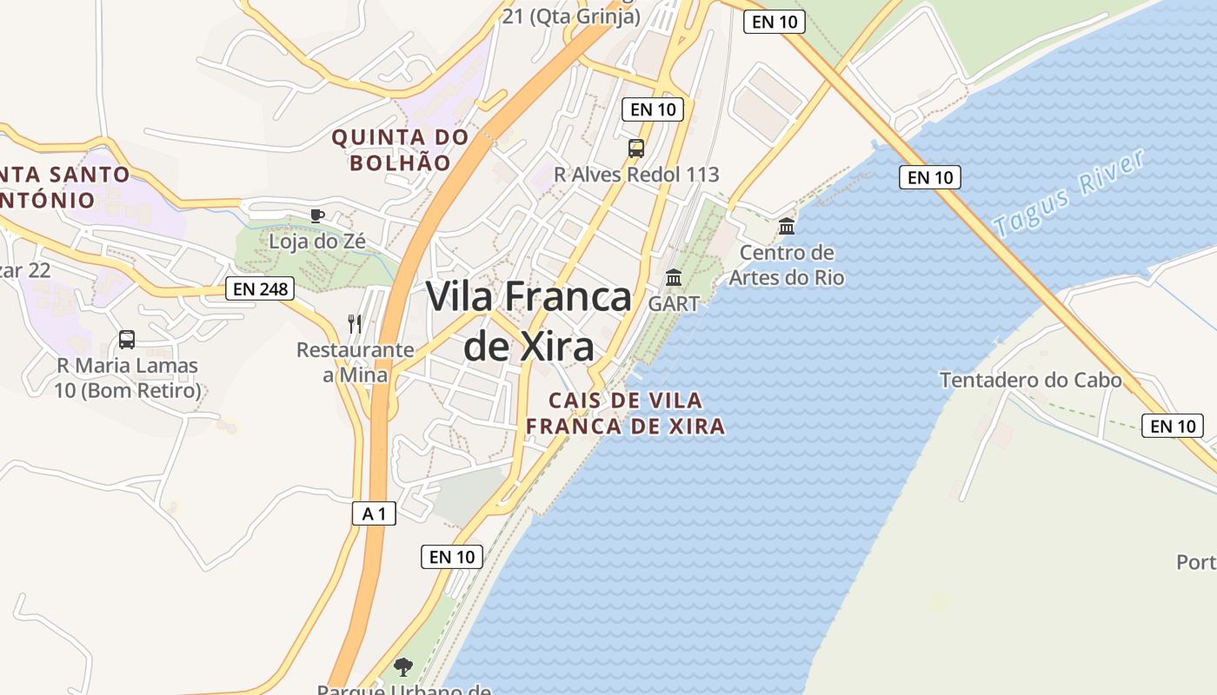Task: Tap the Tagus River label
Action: tap(1069, 194)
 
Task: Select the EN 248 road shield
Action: tap(259, 288)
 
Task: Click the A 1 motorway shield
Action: tap(374, 513)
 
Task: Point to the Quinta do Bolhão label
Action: tap(400, 149)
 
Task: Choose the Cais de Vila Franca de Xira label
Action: tap(625, 414)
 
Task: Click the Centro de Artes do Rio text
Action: tap(786, 265)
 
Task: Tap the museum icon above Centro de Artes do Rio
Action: tap(787, 227)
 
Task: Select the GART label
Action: tap(674, 304)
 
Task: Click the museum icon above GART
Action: tap(674, 278)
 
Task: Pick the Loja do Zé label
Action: tap(316, 242)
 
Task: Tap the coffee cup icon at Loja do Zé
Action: tap(316, 215)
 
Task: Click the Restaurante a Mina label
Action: tap(355, 362)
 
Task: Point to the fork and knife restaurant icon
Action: tap(355, 324)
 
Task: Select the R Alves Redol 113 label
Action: tap(636, 175)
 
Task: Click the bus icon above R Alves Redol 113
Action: tap(636, 148)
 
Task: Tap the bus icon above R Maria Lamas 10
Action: tap(127, 340)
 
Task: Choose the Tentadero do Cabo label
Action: tap(1030, 381)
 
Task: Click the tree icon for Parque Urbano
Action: tap(402, 667)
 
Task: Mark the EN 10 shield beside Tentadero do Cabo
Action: tap(1173, 426)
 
